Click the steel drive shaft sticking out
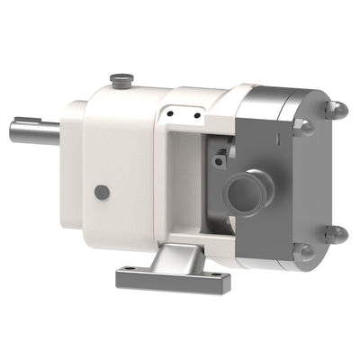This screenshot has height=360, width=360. coord(34,132)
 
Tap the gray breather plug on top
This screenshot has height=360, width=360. coord(119,82)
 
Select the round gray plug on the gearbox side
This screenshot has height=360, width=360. coord(102,192)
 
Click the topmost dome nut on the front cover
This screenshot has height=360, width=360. coord(337,110)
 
